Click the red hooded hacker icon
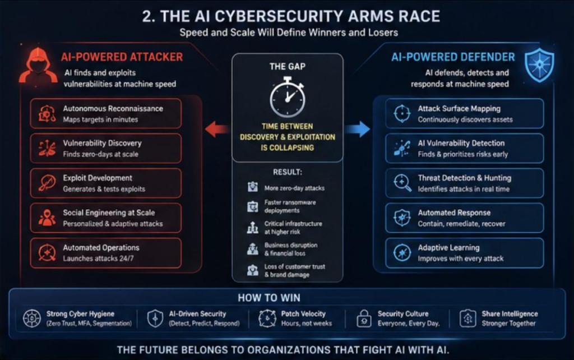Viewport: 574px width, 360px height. pyautogui.click(x=38, y=66)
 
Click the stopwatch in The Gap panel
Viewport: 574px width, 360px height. pyautogui.click(x=288, y=96)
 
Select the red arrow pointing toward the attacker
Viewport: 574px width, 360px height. pyautogui.click(x=217, y=130)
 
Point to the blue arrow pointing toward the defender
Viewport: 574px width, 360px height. pyautogui.click(x=358, y=130)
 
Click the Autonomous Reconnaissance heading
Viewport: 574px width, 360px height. pyautogui.click(x=113, y=108)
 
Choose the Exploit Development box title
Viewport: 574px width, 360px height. pyautogui.click(x=98, y=178)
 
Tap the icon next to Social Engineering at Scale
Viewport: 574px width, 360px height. pyautogui.click(x=47, y=218)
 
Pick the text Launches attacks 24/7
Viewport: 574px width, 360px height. pyautogui.click(x=98, y=259)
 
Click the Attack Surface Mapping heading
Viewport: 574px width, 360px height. pyautogui.click(x=459, y=108)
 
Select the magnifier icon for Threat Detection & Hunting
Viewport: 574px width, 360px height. pyautogui.click(x=402, y=183)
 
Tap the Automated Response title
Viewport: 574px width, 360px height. pyautogui.click(x=454, y=213)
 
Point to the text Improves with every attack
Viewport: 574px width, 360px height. pyautogui.click(x=461, y=259)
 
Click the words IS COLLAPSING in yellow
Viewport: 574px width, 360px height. pyautogui.click(x=288, y=147)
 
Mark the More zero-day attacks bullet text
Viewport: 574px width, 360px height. pyautogui.click(x=294, y=188)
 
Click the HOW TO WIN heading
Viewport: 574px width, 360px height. pyautogui.click(x=269, y=298)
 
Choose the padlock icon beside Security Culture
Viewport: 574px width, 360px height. pyautogui.click(x=364, y=319)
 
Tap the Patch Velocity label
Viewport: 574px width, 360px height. pyautogui.click(x=303, y=314)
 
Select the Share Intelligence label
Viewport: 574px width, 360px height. pyautogui.click(x=510, y=314)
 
